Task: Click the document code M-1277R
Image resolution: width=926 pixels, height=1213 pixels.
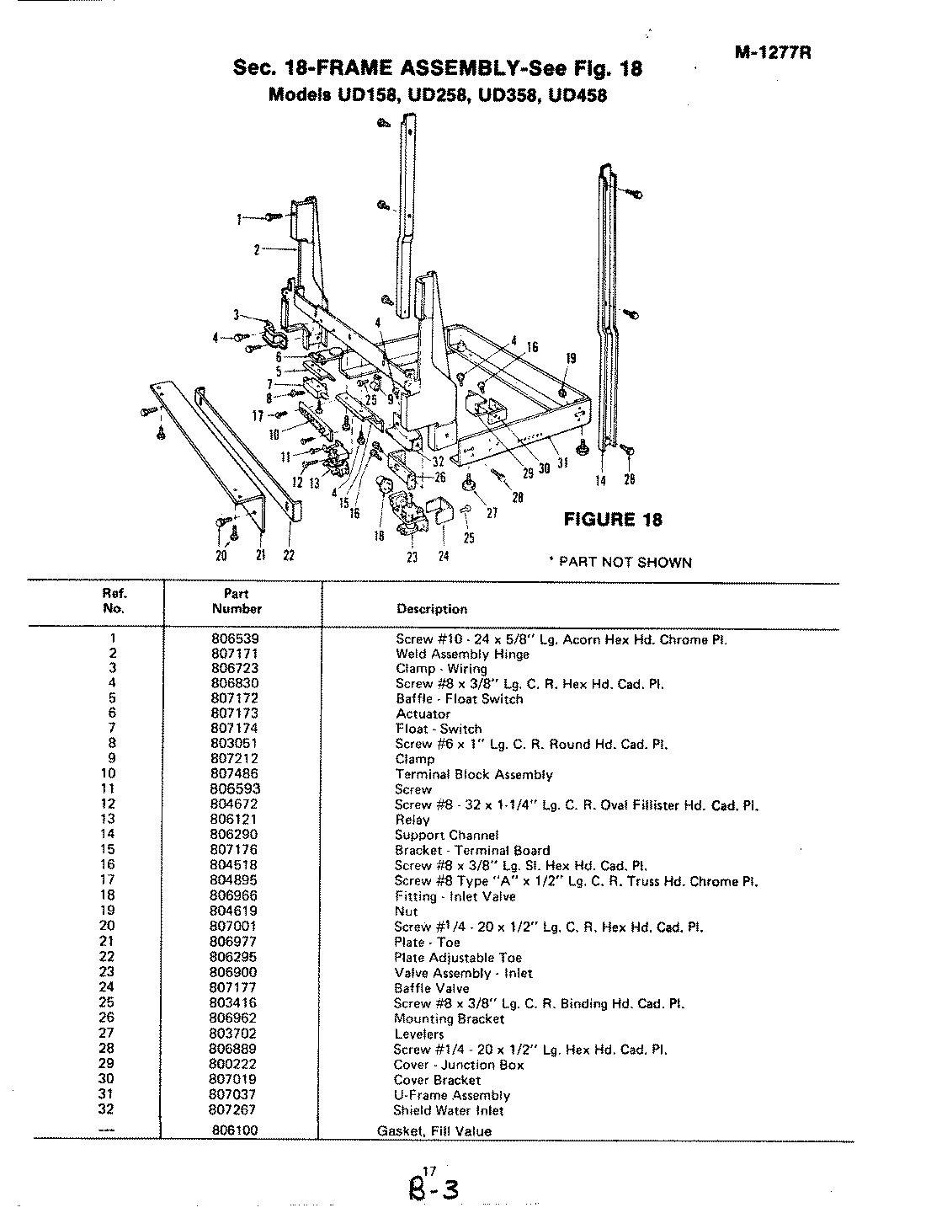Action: coord(772,52)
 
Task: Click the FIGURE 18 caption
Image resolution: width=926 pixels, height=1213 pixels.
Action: coord(612,520)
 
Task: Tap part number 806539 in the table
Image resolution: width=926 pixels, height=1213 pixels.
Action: coord(235,639)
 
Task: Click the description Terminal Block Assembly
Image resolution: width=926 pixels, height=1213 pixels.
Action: coord(474,774)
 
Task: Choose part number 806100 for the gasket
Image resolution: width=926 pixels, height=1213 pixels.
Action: coord(235,1130)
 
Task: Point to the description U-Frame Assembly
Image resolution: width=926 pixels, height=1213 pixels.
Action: coord(452,1095)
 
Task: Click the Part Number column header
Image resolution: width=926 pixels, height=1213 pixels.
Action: coord(237,601)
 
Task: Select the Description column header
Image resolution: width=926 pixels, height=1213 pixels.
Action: coord(431,609)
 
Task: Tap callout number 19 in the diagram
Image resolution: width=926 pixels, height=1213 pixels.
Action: coord(571,358)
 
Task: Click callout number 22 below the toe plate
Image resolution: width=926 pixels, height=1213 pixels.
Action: coord(288,555)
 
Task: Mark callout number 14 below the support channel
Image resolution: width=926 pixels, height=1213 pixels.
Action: coord(601,479)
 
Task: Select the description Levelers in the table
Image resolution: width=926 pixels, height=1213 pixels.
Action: coord(418,1034)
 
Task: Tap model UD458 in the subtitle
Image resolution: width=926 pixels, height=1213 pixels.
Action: coord(577,95)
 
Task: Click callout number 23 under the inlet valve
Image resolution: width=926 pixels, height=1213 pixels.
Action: coord(412,556)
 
